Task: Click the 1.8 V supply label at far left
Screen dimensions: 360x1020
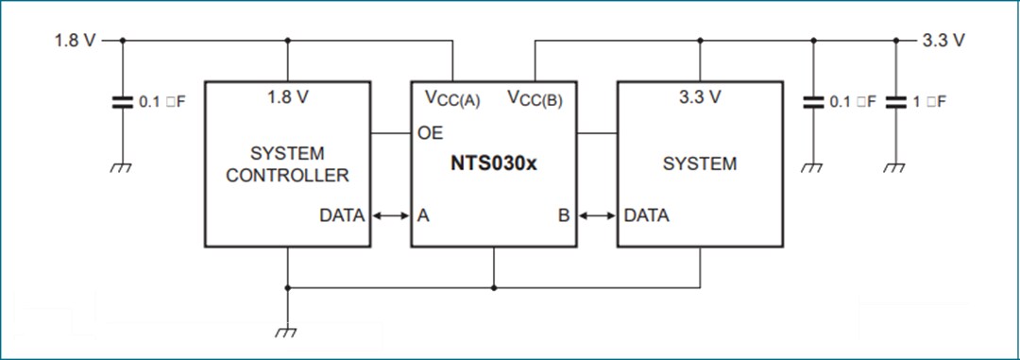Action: coord(75,41)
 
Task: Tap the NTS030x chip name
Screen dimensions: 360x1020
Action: coord(493,163)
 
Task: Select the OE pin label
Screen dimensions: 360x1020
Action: coord(430,133)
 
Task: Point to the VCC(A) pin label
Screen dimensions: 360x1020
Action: coord(452,98)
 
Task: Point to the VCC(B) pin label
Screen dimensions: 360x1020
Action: coord(535,98)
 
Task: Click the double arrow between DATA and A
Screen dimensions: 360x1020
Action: coord(390,215)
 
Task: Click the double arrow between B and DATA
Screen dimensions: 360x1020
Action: coord(596,215)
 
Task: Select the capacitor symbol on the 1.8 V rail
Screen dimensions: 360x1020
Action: coord(122,102)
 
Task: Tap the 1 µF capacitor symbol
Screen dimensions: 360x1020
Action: coord(895,102)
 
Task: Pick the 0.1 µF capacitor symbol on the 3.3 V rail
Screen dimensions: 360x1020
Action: coord(813,102)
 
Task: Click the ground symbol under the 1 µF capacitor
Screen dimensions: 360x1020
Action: coord(895,167)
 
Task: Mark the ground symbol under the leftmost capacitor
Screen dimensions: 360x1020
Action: coord(122,167)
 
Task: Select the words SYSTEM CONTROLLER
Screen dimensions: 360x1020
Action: coord(287,163)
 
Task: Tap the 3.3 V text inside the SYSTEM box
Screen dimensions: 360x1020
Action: coord(700,97)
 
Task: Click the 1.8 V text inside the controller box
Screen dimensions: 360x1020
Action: coord(287,97)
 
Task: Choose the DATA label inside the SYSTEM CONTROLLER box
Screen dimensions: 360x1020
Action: coord(341,215)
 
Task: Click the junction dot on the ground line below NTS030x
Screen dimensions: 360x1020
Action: coord(493,287)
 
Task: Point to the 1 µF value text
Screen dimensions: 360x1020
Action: coord(929,102)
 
